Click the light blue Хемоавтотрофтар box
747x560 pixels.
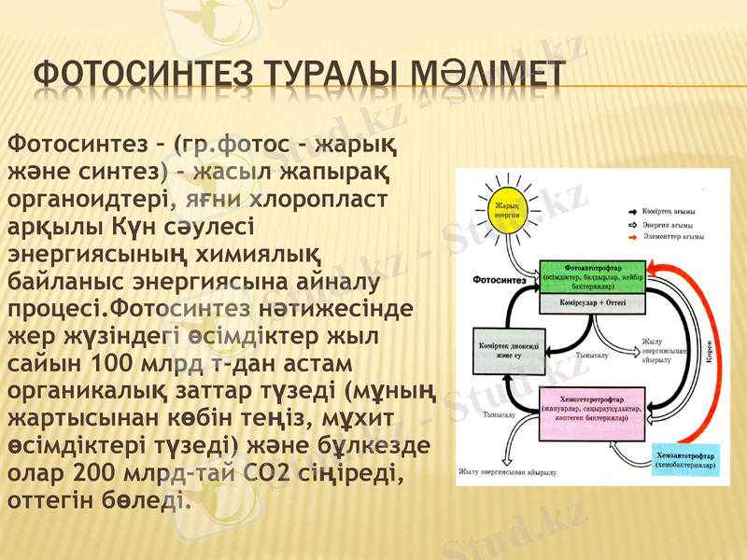pyautogui.click(x=686, y=456)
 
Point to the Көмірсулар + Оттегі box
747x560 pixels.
pyautogui.click(x=593, y=304)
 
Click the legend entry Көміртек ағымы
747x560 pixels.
pyautogui.click(x=667, y=213)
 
